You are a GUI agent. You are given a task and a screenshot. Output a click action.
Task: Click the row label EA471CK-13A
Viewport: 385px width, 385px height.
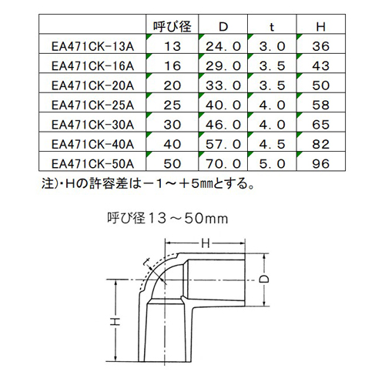[92, 46]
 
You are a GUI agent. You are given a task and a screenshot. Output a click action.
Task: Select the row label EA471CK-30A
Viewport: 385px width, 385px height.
[92, 125]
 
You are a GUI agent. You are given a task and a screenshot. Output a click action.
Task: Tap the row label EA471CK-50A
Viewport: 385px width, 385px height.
[92, 164]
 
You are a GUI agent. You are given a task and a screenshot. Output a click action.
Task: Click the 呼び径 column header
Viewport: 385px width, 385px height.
[172, 26]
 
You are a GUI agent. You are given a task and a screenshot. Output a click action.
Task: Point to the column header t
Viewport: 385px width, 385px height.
[272, 27]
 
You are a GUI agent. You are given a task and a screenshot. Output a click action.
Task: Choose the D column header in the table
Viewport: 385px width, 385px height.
[223, 27]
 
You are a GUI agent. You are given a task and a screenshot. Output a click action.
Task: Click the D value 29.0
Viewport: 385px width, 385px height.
[223, 66]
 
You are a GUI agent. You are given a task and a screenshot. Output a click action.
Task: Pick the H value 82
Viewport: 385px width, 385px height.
[321, 144]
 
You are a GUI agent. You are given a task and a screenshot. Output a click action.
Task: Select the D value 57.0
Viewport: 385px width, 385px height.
[223, 144]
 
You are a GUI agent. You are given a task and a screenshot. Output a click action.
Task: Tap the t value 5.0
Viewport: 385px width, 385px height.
[272, 164]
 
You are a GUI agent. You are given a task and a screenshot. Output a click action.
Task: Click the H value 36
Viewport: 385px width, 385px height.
[321, 46]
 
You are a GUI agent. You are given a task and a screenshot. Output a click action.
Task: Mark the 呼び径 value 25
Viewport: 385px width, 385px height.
[172, 105]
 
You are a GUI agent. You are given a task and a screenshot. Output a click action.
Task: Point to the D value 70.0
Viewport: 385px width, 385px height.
[223, 164]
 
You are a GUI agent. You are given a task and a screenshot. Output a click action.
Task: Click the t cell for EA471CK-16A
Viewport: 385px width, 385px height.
[272, 66]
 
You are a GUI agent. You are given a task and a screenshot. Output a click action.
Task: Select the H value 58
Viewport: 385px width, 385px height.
[321, 105]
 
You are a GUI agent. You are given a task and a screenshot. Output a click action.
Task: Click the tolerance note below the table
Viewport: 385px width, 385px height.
[148, 183]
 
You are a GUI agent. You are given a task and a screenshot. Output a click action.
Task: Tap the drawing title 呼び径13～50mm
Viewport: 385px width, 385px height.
[167, 219]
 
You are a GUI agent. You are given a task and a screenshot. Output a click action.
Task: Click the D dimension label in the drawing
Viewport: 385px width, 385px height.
[264, 279]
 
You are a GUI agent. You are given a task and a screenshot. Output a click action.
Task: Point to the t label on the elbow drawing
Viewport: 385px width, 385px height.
[147, 262]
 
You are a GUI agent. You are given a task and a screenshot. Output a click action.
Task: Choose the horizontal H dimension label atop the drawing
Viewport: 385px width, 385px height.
[206, 243]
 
